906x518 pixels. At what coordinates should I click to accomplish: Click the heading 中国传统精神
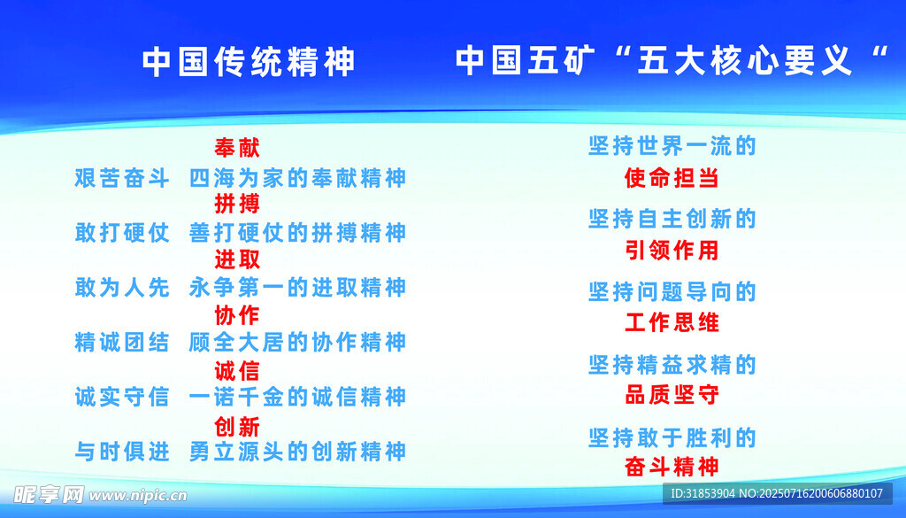pos(249,62)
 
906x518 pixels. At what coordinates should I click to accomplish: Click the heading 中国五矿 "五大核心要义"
pos(672,60)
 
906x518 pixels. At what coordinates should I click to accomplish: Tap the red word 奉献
pos(237,148)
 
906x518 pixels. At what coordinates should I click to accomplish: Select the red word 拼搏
pos(237,204)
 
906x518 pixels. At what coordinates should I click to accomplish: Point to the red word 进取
pos(237,259)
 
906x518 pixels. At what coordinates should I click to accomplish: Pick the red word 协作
pos(237,315)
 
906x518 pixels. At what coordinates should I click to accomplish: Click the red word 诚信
pos(237,371)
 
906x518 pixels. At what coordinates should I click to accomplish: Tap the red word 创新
pos(237,427)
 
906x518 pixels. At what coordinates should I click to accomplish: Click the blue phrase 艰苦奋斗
pos(122,178)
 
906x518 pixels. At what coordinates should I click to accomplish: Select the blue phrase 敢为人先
pos(122,287)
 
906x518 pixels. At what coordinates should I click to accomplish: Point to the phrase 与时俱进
pos(122,452)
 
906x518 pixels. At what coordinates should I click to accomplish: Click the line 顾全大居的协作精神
pos(297,343)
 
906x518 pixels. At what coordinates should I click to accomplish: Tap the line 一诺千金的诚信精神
pos(297,398)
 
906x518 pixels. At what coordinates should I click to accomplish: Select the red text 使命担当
pos(672,178)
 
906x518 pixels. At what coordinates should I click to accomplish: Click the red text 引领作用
pos(672,251)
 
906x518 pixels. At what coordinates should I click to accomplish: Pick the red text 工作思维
pos(672,322)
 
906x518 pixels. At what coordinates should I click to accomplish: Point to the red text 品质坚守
pos(672,395)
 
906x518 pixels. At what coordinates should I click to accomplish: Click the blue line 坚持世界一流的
pos(672,146)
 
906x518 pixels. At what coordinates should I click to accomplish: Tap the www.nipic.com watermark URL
pos(138,496)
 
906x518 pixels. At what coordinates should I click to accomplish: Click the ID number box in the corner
pos(777,494)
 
